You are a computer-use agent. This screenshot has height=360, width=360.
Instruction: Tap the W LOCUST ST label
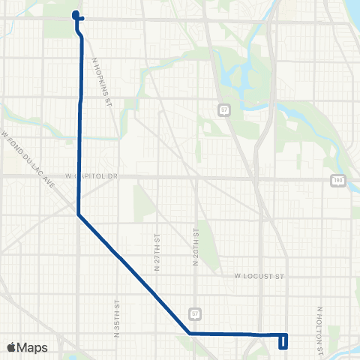(260, 276)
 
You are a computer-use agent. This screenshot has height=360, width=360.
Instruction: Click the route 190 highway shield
(338, 180)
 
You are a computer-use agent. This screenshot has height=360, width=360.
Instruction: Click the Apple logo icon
(12, 347)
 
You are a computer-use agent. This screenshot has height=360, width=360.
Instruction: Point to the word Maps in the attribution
(34, 347)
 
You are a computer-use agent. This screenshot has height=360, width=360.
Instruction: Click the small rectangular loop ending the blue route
(283, 341)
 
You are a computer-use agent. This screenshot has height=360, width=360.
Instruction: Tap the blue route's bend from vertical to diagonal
(79, 215)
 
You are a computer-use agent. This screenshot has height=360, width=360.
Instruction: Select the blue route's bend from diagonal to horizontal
(189, 332)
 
